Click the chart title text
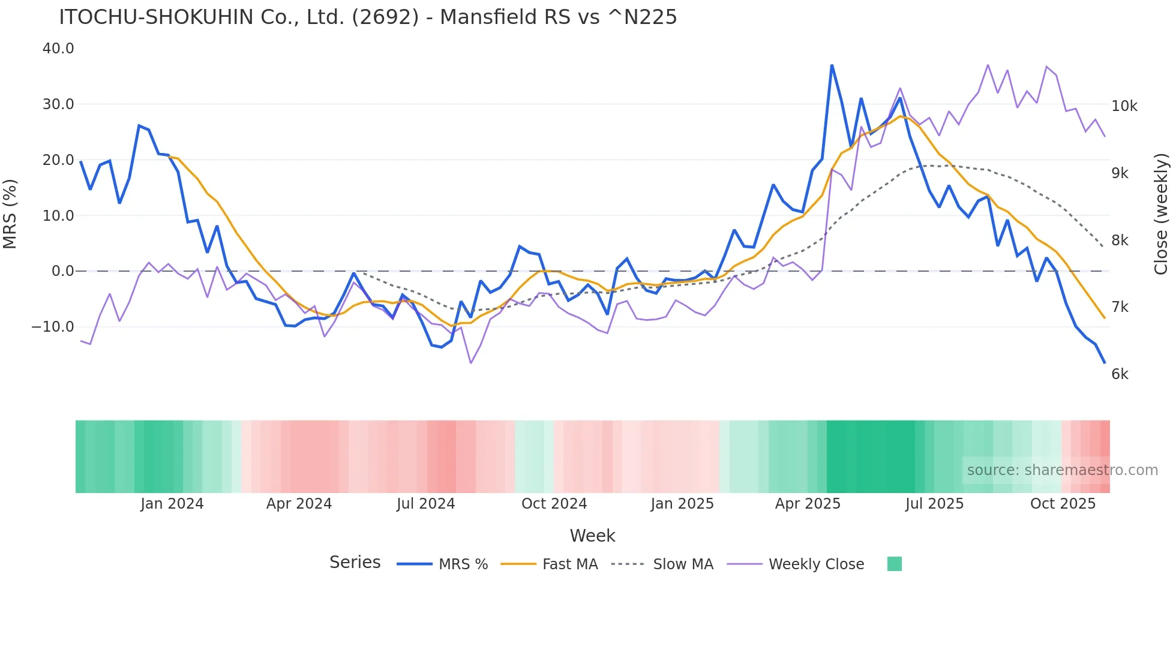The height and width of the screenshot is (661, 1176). click(x=367, y=17)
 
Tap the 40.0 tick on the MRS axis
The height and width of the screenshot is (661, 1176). click(x=58, y=49)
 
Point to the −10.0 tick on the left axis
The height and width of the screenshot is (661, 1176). click(x=53, y=327)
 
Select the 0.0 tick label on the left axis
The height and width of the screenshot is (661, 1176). click(x=62, y=271)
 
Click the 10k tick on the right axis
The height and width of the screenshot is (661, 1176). click(x=1124, y=106)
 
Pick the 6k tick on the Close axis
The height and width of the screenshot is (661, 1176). click(x=1120, y=374)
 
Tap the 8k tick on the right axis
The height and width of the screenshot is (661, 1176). click(x=1120, y=241)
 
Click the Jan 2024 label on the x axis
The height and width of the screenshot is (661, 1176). click(x=172, y=504)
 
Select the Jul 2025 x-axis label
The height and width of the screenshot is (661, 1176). click(x=934, y=504)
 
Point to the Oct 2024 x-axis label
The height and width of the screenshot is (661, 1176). click(x=554, y=504)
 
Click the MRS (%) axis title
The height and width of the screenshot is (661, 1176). click(x=10, y=214)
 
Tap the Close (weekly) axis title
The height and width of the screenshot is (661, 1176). click(x=1161, y=214)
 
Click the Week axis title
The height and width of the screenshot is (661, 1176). click(x=592, y=536)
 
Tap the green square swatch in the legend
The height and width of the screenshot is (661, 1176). click(x=894, y=564)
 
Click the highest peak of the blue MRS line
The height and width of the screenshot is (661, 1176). click(x=832, y=65)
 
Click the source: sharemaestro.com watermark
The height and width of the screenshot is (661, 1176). click(x=1062, y=470)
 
